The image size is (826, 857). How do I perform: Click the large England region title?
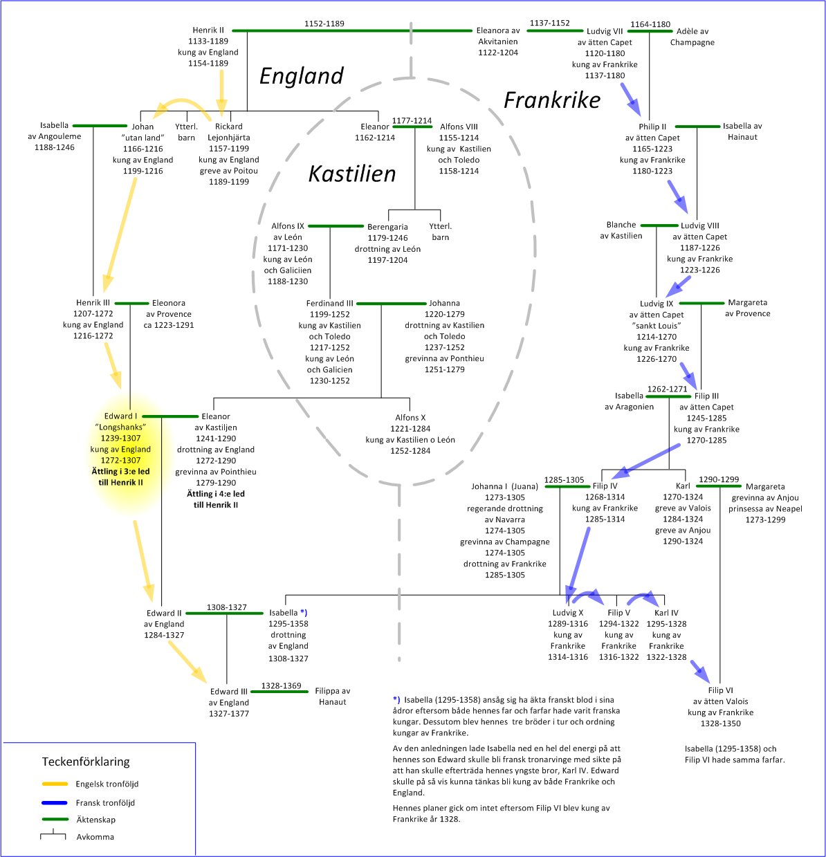tap(301, 75)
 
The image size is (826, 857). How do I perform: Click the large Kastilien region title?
tap(352, 173)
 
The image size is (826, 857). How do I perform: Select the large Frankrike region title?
tap(551, 100)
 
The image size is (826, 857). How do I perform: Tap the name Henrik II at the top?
tap(208, 30)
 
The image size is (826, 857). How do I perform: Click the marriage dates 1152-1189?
tap(324, 24)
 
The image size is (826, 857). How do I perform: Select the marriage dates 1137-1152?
tap(550, 23)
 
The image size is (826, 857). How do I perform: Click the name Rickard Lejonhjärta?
tap(229, 132)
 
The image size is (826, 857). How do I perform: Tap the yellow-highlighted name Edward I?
tap(121, 416)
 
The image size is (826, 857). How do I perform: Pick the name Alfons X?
tap(410, 417)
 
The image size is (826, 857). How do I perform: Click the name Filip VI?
tap(720, 690)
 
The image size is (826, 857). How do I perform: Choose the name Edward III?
tap(229, 692)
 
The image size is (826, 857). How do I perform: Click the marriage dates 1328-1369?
tap(281, 685)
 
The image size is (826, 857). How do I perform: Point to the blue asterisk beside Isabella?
tap(304, 613)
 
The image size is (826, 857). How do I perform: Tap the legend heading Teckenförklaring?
tap(86, 762)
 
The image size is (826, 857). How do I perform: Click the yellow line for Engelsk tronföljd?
tap(54, 784)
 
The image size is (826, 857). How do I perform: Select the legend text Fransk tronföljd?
tap(105, 803)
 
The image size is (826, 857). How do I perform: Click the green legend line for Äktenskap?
tap(54, 820)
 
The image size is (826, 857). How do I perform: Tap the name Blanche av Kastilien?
tap(621, 230)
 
